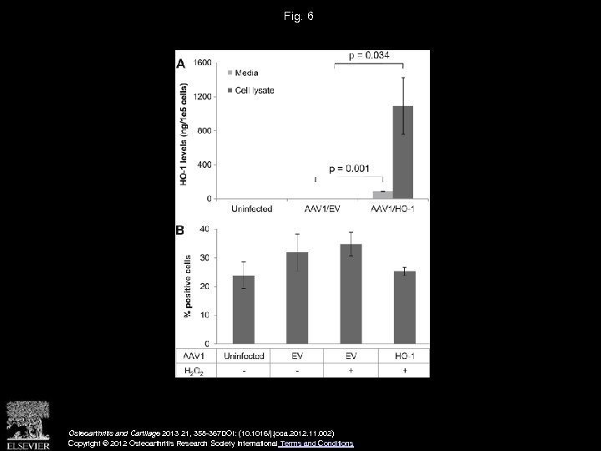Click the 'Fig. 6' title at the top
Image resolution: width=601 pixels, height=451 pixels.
pos(300,16)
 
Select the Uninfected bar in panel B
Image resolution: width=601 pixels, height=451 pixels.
pos(244,309)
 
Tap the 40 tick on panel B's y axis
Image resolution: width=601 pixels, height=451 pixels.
pos(205,229)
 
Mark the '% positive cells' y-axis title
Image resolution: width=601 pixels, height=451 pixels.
pos(188,286)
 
